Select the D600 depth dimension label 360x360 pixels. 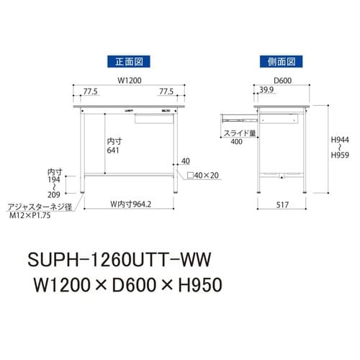283,81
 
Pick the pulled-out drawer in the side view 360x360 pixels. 237,114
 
